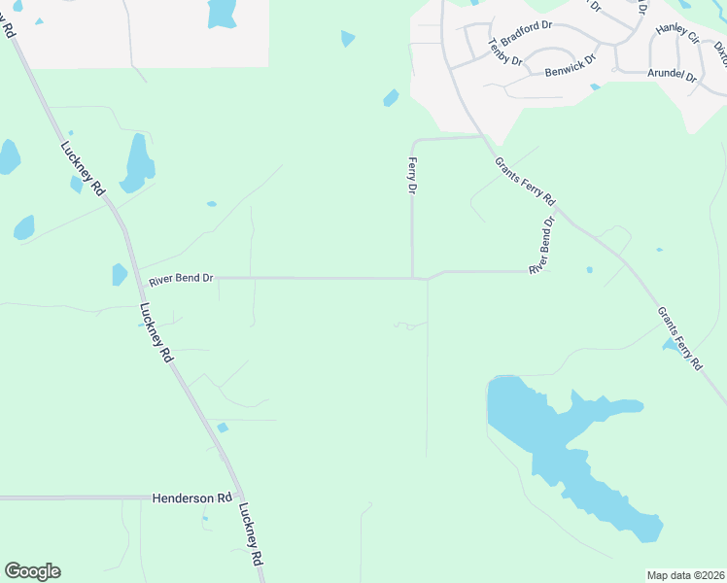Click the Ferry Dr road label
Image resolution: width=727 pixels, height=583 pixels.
412,177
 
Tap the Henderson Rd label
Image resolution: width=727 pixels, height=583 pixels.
192,497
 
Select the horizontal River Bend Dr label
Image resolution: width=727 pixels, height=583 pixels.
181,279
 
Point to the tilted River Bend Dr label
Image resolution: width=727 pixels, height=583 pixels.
541,245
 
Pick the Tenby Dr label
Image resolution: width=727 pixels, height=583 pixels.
505,52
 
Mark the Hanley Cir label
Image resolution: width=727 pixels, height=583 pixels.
677,34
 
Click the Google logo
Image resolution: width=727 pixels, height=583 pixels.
32,571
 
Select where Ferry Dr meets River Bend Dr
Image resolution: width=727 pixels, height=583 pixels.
413,278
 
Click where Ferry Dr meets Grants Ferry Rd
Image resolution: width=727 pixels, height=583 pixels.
481,137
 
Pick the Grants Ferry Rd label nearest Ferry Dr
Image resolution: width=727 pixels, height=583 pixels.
525,181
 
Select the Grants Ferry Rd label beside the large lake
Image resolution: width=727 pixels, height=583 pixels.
679,338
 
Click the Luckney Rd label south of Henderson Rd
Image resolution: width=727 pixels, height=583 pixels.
251,534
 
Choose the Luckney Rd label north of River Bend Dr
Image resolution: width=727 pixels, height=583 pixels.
82,169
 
